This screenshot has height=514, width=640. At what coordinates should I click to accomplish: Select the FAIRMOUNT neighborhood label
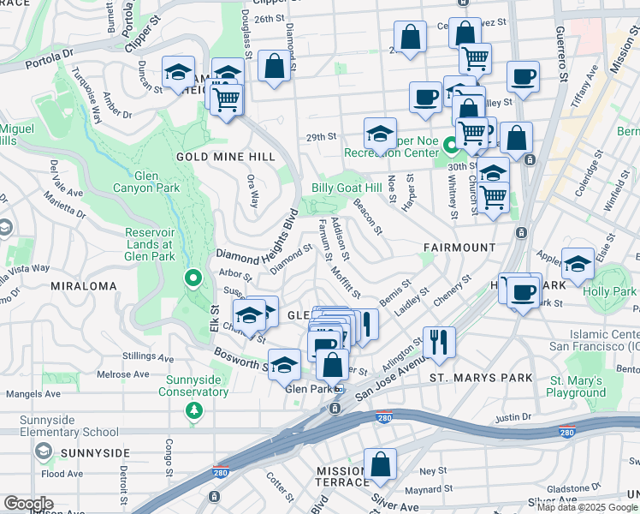(459, 247)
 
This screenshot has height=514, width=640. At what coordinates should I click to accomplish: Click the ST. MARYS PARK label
(480, 378)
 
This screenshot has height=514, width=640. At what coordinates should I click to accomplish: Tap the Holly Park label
(609, 291)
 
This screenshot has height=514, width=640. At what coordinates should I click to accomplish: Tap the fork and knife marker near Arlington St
(439, 340)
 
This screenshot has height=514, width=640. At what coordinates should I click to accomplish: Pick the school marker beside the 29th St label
(380, 132)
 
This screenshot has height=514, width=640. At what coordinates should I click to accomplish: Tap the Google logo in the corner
(28, 503)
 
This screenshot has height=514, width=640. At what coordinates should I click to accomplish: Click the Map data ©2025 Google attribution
(587, 507)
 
